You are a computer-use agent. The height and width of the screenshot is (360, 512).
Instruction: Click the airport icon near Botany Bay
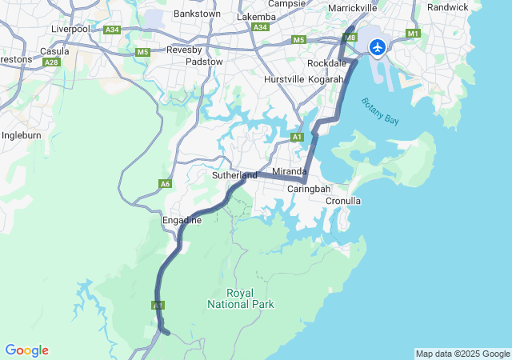coord(378,46)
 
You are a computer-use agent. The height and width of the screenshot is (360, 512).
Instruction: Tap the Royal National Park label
coord(240,298)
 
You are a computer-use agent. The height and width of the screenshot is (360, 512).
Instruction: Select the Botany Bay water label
coord(379,110)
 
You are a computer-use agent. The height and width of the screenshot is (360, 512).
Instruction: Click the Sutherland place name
coord(234,175)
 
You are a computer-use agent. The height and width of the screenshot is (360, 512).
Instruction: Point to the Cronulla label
coord(343,201)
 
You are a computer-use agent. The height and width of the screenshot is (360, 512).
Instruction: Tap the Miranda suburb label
coord(290,172)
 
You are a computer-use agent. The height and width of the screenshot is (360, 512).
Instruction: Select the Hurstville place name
coord(284,79)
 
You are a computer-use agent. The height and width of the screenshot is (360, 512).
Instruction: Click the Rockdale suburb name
coord(326,62)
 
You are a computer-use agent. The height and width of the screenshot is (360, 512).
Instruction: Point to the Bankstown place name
coord(197,14)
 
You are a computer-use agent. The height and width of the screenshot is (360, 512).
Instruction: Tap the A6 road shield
coord(165,184)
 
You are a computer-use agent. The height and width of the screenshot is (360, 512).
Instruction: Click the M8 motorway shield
coord(350,37)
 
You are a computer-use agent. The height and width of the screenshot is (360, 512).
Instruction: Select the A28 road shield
coord(53,62)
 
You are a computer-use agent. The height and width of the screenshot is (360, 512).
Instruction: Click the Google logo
coord(26,350)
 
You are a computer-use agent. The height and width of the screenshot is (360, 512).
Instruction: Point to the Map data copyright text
coord(462,354)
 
